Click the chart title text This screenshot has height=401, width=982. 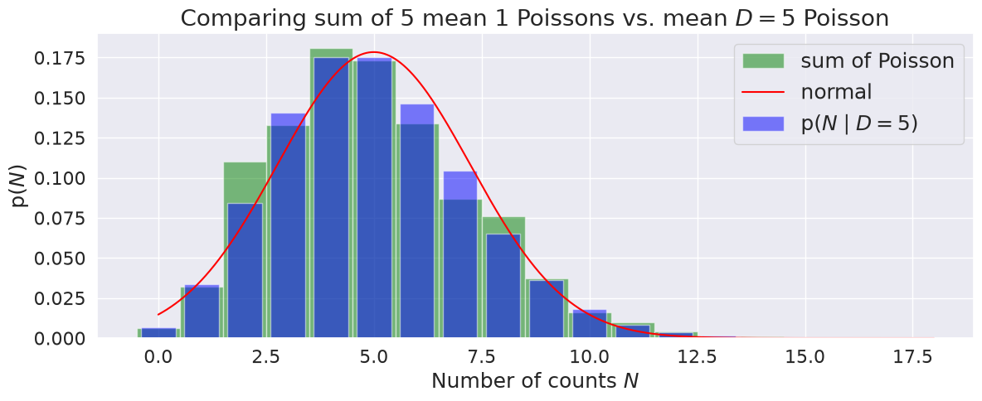(535, 18)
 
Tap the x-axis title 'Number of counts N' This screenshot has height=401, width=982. (535, 380)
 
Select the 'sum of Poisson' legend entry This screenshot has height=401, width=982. (848, 60)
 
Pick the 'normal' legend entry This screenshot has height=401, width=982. (807, 92)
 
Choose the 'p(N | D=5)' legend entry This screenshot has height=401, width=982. (830, 123)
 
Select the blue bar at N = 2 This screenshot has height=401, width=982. (245, 271)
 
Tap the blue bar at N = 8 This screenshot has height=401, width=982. (503, 286)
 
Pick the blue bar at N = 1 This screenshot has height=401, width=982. (202, 312)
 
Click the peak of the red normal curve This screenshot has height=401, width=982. (375, 52)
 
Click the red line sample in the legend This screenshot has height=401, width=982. (763, 93)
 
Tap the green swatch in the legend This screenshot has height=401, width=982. (763, 60)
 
